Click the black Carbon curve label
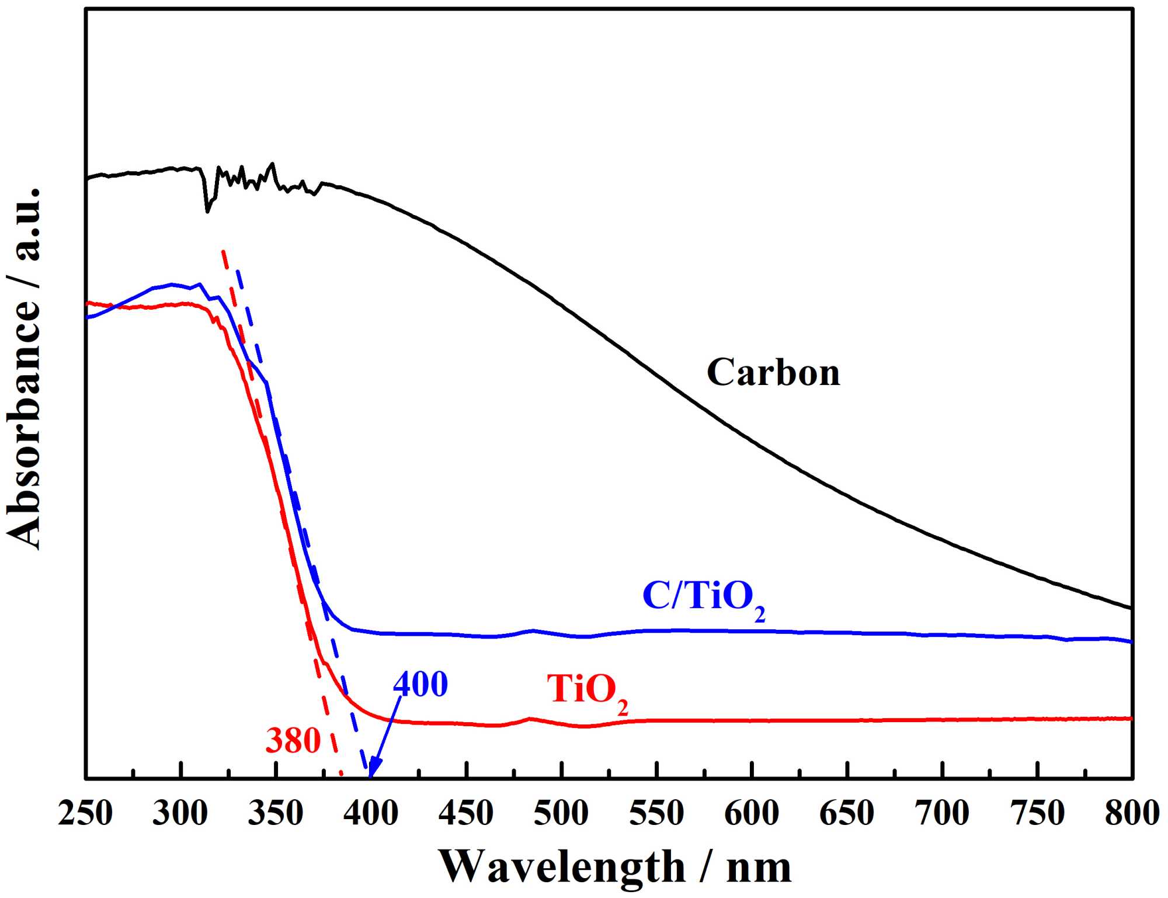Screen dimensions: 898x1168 pos(773,372)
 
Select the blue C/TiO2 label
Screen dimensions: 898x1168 pos(704,597)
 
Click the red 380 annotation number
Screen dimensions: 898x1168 pos(293,741)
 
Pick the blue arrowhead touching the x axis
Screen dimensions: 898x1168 pos(373,770)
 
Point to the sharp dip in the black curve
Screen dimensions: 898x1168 pos(207,210)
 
